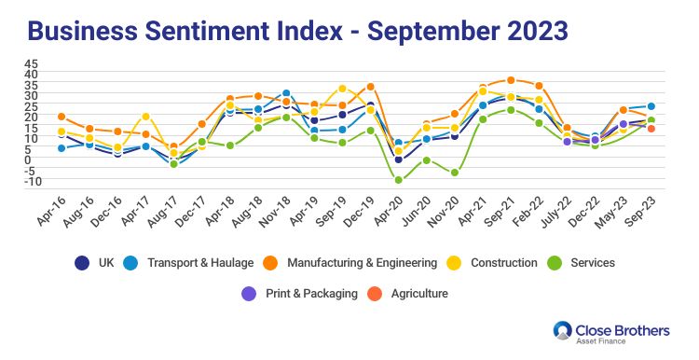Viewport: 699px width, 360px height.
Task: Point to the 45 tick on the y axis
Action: click(31, 63)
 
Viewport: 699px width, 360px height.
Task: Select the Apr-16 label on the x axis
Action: click(51, 211)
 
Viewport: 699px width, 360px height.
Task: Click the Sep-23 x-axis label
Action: click(641, 212)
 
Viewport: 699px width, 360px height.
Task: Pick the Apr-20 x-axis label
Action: click(388, 212)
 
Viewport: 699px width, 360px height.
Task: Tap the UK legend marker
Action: click(82, 263)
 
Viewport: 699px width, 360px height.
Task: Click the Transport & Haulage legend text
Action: click(200, 263)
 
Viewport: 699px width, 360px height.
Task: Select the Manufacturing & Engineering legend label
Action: click(362, 263)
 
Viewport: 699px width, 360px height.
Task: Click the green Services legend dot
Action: click(555, 263)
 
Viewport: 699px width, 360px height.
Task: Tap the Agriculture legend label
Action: click(419, 294)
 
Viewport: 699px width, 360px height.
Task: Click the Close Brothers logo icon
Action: click(563, 330)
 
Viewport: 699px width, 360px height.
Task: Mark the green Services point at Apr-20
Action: click(398, 180)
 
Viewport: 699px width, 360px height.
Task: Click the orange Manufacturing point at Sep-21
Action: click(511, 80)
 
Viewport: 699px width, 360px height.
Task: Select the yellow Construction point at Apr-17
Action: click(145, 117)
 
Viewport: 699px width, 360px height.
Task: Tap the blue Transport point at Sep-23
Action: click(651, 106)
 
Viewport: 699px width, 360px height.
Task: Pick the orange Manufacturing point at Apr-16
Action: click(62, 117)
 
